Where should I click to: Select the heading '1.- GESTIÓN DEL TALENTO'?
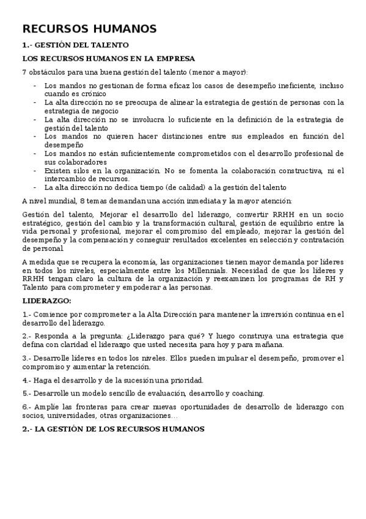(75, 45)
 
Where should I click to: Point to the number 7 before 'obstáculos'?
(24, 72)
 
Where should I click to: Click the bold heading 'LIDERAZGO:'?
(46, 301)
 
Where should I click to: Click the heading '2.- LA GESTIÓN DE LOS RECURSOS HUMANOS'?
(112, 429)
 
